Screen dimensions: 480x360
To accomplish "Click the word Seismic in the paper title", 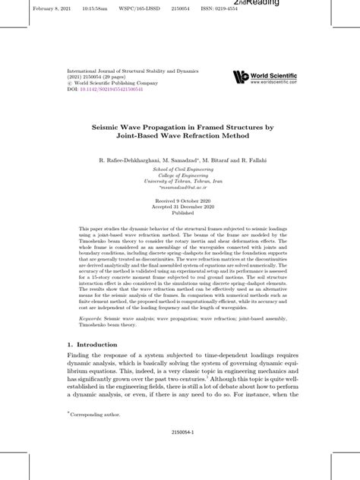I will coord(118,128).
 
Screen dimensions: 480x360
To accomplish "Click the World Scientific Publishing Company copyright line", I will coord(116,82).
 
